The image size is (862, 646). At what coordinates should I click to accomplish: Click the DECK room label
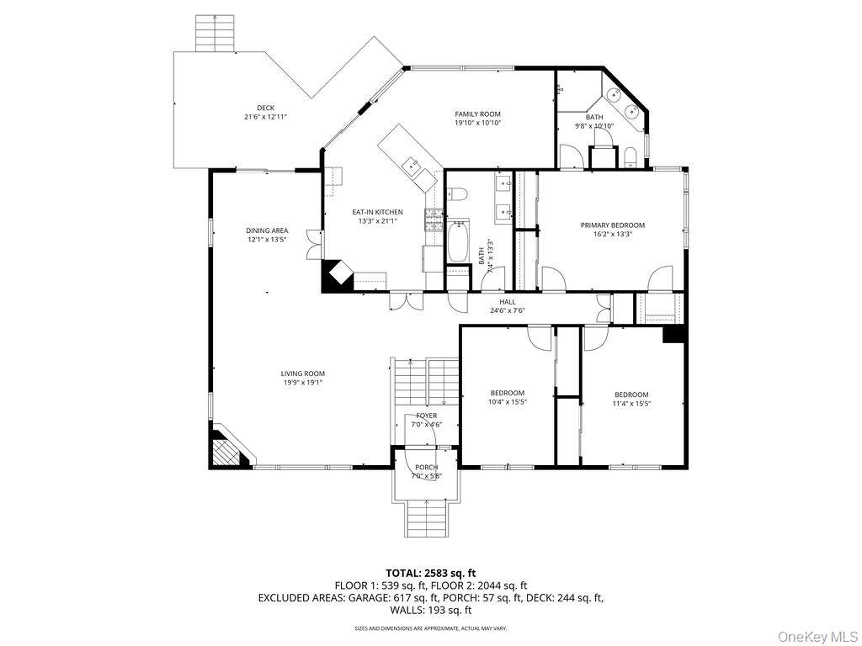point(266,108)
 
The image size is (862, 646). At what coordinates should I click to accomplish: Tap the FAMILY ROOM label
point(477,114)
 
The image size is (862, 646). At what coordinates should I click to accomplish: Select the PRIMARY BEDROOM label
point(612,225)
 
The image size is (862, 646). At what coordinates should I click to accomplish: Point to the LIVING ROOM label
point(302,373)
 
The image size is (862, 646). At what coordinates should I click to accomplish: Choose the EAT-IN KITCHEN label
point(377,212)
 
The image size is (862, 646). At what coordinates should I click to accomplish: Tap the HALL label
point(507,302)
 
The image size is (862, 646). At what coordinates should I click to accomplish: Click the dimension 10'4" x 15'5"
point(508,403)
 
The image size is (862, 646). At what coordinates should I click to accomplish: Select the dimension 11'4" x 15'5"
point(631,404)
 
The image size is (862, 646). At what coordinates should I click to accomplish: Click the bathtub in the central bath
point(458,242)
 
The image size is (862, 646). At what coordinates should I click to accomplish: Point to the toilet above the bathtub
point(457,194)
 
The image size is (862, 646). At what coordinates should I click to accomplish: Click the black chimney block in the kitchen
point(338,276)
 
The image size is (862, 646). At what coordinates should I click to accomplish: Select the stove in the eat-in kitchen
point(434,220)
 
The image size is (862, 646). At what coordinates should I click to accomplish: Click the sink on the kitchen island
point(412,164)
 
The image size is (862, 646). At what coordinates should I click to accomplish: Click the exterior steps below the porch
point(427,518)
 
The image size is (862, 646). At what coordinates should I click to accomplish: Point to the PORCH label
point(426,468)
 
